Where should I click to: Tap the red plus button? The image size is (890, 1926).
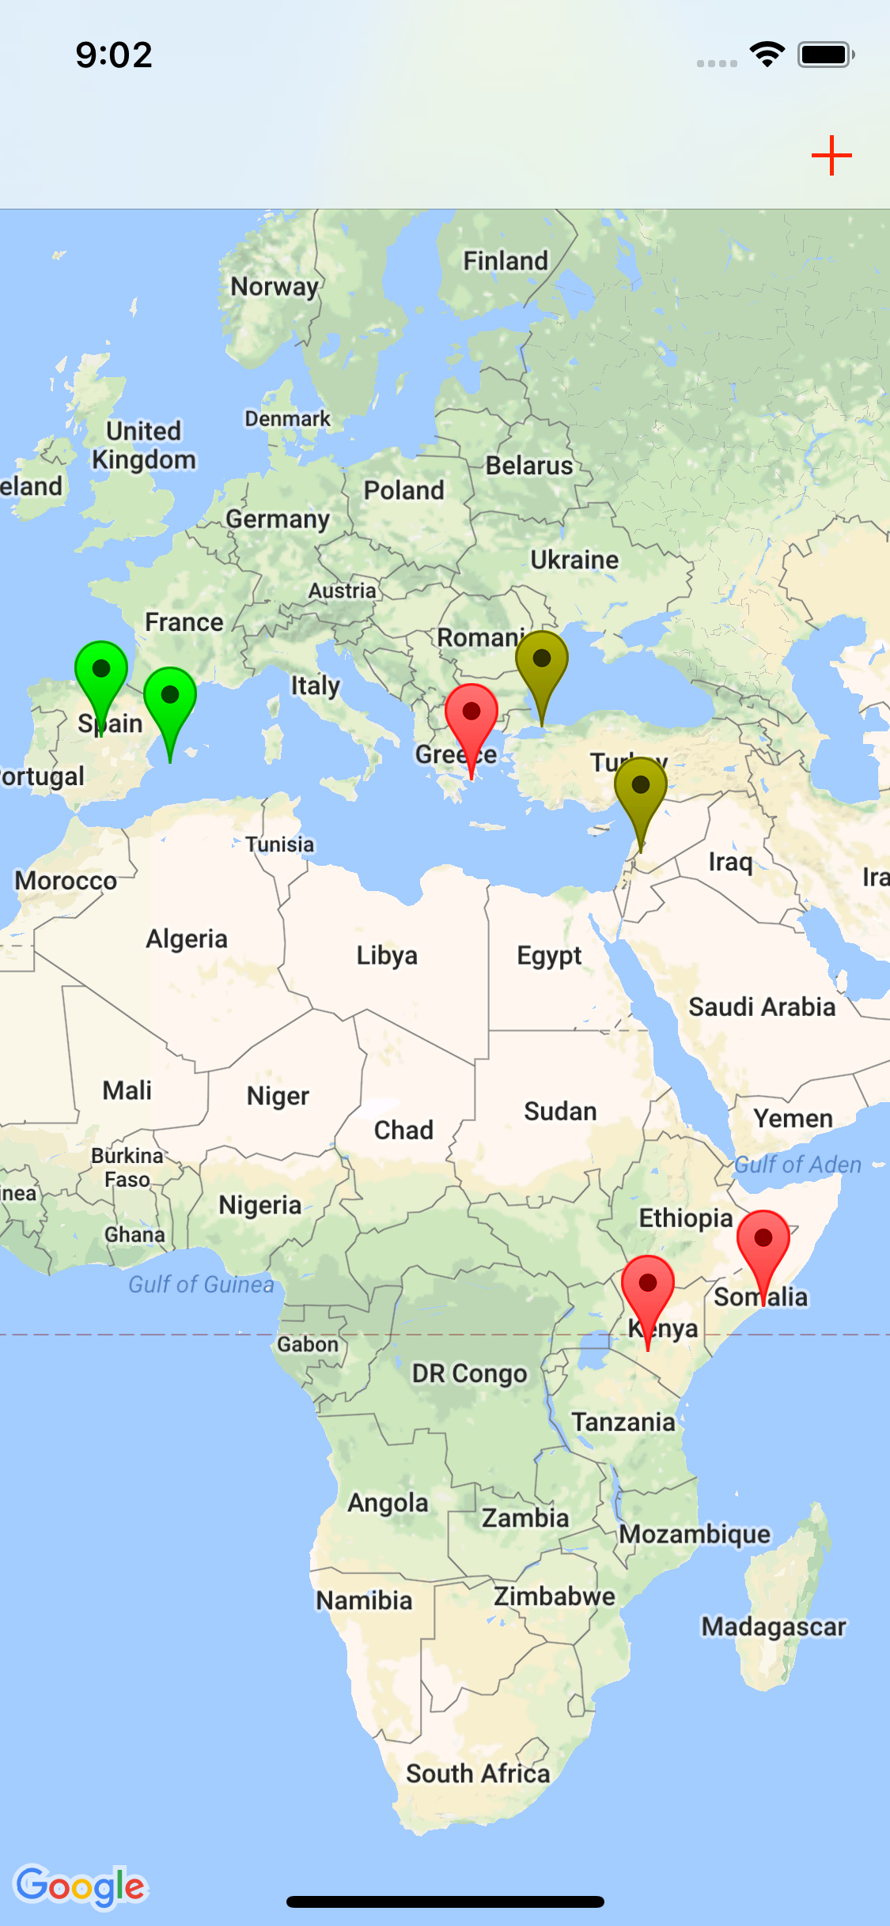831,155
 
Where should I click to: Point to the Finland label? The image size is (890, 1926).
506,260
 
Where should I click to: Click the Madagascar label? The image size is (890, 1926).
774,1626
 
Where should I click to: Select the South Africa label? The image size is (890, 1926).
478,1773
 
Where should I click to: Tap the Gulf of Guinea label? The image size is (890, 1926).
201,1284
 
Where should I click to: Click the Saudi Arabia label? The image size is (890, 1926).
762,1006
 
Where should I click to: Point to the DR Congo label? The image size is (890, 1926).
469,1374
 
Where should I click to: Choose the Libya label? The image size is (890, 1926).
387,955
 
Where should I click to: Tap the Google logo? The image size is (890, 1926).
81,1886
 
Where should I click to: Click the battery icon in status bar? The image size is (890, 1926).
826,55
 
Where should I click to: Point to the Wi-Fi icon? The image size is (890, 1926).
767,55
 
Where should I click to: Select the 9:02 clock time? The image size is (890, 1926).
114,55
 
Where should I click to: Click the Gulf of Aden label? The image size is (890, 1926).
797,1164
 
